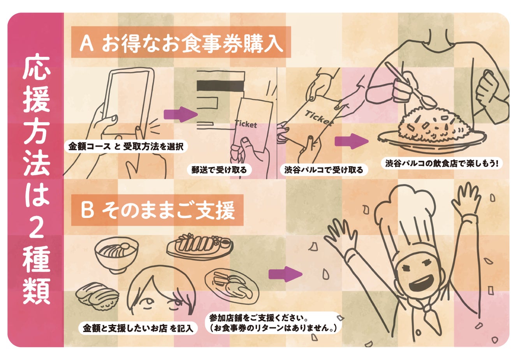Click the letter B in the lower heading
[87, 210]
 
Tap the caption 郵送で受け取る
[219, 170]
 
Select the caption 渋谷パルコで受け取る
[324, 170]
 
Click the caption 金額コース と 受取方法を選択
[126, 146]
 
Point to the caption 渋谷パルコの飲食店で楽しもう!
[442, 163]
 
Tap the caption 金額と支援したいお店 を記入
[138, 328]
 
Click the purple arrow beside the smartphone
[181, 114]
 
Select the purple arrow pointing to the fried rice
[351, 141]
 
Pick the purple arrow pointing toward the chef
[285, 274]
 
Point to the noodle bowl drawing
[116, 254]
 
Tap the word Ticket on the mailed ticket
[246, 124]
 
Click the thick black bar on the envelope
[220, 85]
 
